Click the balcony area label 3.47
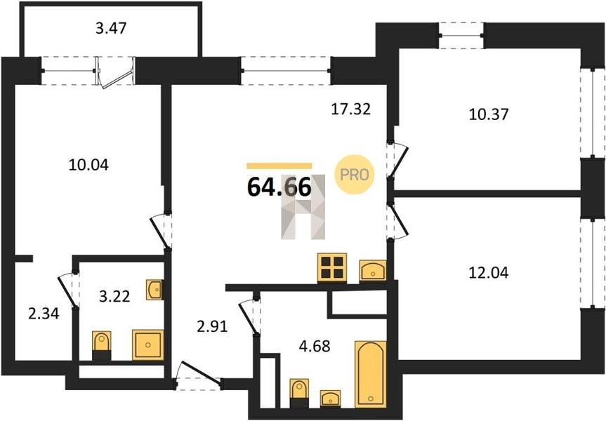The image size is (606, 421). tap(111, 28)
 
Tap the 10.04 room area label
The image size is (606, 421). tap(88, 165)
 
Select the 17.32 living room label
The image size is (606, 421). tap(351, 109)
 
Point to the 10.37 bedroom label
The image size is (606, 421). tap(489, 114)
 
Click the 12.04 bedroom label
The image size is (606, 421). tap(489, 273)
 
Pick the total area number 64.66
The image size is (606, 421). tap(279, 187)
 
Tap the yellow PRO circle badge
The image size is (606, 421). tap(354, 175)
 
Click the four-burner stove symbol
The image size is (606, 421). tap(332, 267)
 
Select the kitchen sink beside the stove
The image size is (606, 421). tap(373, 270)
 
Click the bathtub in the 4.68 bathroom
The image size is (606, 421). tap(370, 374)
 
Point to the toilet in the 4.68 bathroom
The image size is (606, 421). tap(299, 392)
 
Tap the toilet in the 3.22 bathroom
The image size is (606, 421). tap(102, 345)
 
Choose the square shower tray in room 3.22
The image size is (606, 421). tap(147, 345)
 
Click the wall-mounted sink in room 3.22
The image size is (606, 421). tap(154, 290)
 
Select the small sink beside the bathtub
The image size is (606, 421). tap(331, 399)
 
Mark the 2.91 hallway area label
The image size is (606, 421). tap(212, 327)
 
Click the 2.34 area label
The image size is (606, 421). tap(44, 313)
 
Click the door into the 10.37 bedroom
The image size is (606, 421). tap(397, 161)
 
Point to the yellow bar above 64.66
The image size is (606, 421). tap(279, 166)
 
